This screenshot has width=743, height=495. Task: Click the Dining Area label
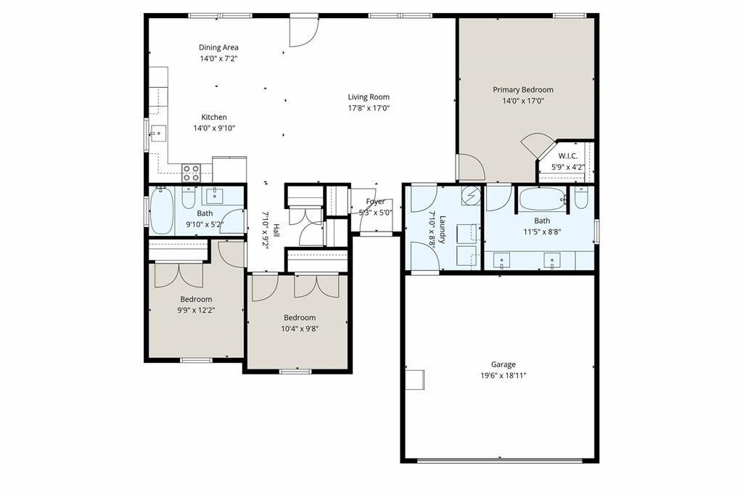tap(218, 48)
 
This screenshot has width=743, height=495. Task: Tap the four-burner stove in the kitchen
tap(191, 173)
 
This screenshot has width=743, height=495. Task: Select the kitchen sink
tap(158, 134)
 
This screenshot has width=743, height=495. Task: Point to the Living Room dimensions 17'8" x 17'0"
tap(368, 108)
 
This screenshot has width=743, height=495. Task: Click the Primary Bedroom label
tap(522, 90)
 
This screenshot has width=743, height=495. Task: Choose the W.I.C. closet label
tap(567, 156)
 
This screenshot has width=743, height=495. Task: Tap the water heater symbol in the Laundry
tap(471, 195)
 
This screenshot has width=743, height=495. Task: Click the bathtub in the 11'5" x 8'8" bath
tap(543, 198)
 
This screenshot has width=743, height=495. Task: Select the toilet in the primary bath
tap(581, 197)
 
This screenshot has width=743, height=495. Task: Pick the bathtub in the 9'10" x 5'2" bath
tap(162, 209)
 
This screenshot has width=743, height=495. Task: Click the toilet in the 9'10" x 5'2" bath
tap(189, 197)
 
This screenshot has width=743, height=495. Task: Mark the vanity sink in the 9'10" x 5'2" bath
tap(215, 195)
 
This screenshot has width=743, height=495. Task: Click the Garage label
tap(503, 364)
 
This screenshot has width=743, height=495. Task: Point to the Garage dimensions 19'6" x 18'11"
tap(503, 375)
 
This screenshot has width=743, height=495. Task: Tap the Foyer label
tap(376, 202)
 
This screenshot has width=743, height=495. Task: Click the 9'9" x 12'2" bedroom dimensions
tap(196, 310)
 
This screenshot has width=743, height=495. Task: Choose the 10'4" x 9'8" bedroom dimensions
tap(300, 328)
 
